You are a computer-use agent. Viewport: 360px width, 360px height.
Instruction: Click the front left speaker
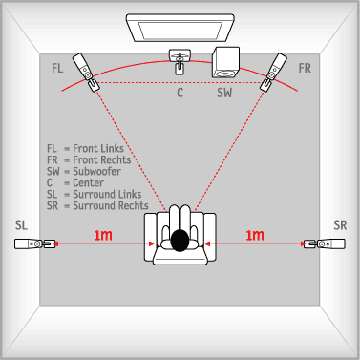click(x=86, y=72)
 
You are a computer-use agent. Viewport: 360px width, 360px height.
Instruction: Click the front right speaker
click(x=273, y=72)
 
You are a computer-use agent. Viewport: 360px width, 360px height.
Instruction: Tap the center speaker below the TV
click(x=180, y=62)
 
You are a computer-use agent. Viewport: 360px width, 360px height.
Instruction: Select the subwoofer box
click(x=225, y=62)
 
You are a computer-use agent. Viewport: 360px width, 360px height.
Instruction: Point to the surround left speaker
click(x=34, y=244)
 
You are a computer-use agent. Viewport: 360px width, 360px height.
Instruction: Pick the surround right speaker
click(x=325, y=244)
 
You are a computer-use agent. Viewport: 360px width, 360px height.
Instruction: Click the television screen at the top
click(x=180, y=28)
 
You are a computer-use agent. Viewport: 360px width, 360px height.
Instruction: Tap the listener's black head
click(x=180, y=241)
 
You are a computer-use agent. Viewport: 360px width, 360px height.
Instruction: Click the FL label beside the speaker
click(x=57, y=68)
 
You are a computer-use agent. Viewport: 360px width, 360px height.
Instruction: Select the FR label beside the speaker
click(x=305, y=68)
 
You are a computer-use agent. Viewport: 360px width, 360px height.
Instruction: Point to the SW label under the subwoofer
click(x=224, y=93)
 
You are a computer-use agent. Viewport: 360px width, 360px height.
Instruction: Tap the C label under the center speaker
click(x=180, y=93)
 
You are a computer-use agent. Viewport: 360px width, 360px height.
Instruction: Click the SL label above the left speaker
click(x=21, y=225)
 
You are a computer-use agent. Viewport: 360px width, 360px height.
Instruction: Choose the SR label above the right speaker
click(x=340, y=225)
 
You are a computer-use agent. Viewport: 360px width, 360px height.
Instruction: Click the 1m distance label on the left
click(x=103, y=235)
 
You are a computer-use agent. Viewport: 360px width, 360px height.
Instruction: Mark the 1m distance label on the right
click(x=255, y=235)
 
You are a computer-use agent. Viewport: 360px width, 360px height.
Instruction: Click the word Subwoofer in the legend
click(x=97, y=171)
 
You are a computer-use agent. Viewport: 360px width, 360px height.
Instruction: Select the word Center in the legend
click(x=89, y=182)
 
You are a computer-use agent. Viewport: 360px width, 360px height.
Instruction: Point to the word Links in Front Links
click(x=111, y=148)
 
